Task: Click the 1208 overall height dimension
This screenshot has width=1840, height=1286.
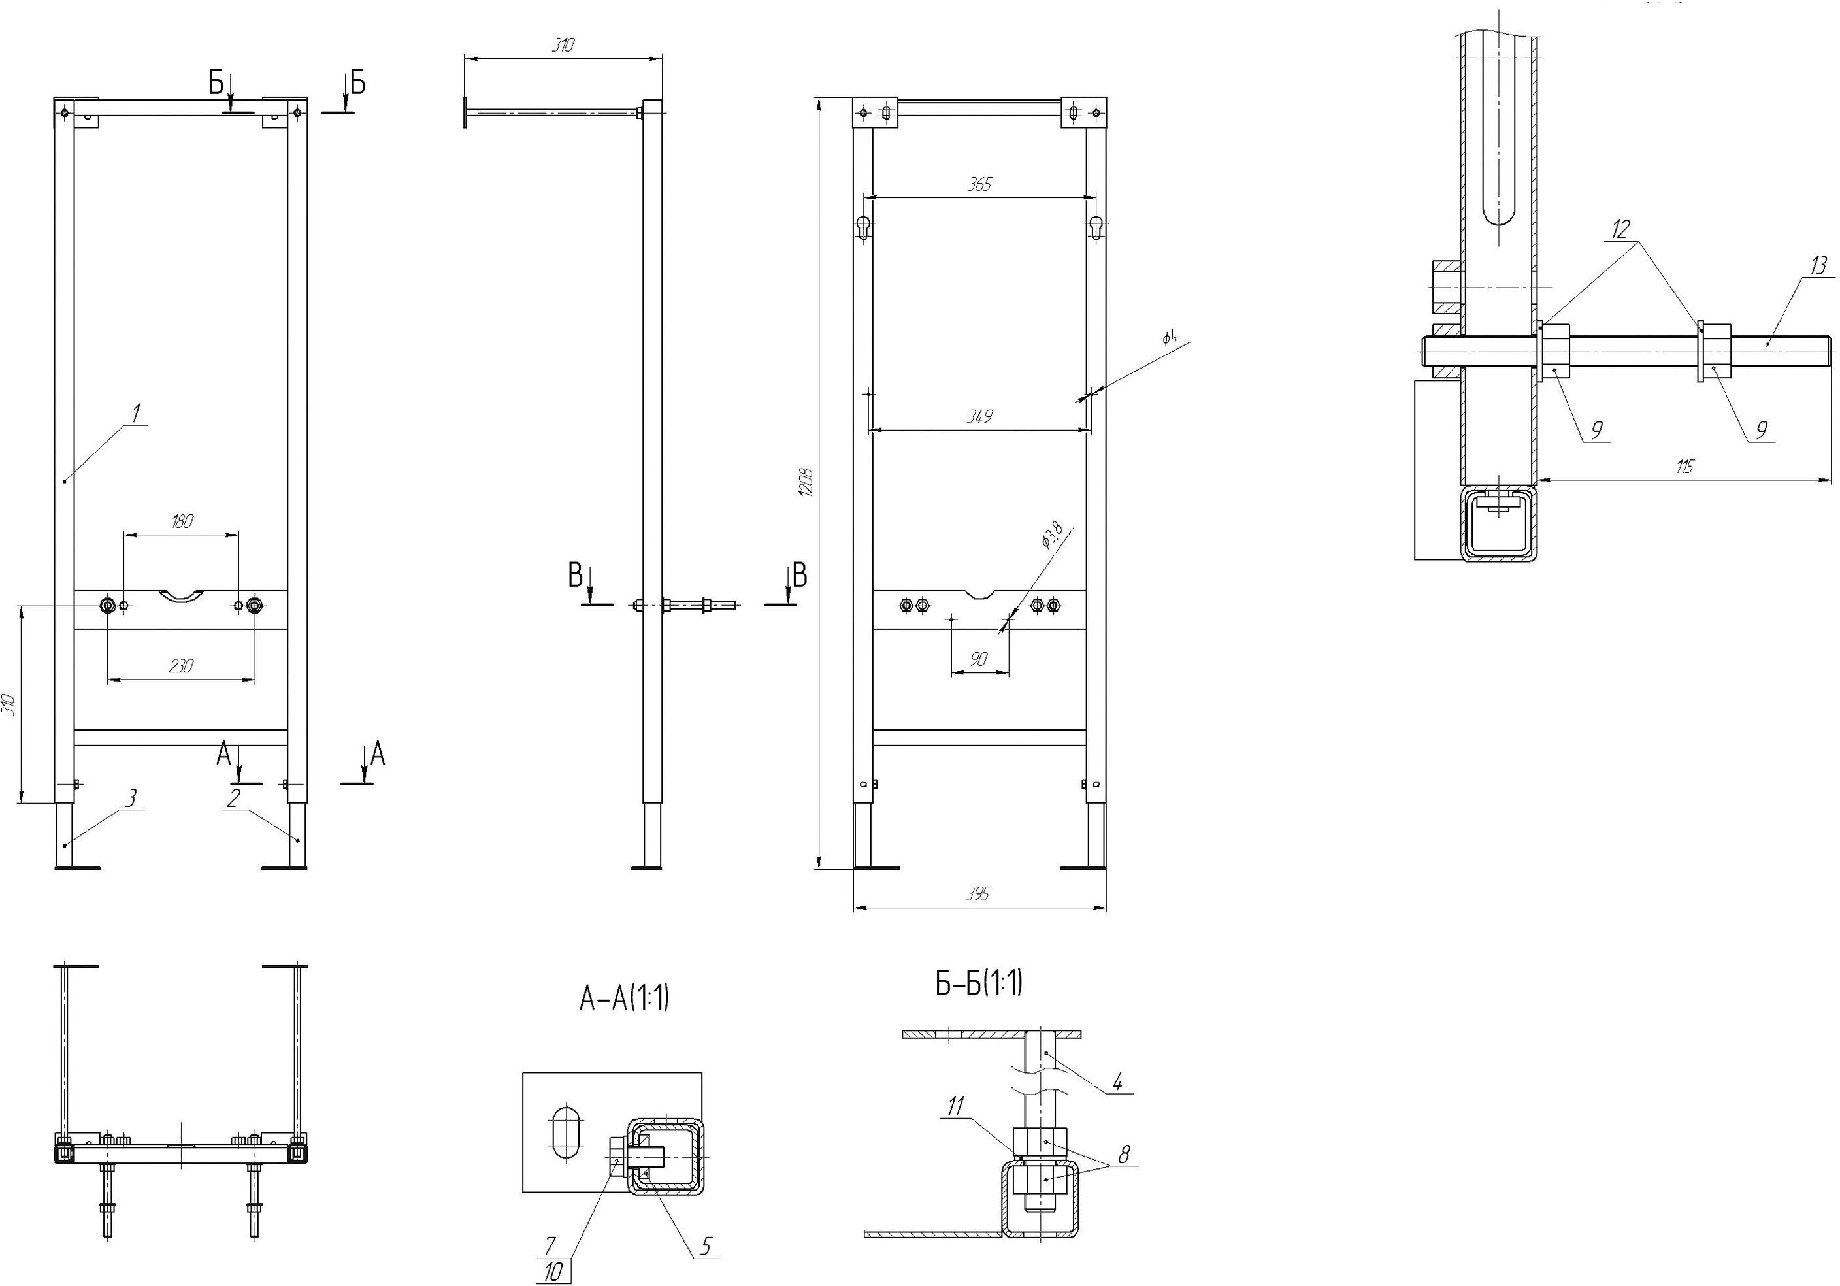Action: tap(807, 483)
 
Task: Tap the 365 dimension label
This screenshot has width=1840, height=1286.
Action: tap(979, 184)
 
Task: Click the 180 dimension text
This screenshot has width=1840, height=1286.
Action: tap(182, 521)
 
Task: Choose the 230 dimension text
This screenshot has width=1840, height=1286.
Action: tap(182, 666)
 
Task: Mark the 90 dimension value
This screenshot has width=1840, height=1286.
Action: tap(979, 659)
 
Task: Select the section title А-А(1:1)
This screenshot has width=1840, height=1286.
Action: tap(623, 999)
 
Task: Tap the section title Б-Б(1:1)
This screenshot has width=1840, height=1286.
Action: tap(979, 983)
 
